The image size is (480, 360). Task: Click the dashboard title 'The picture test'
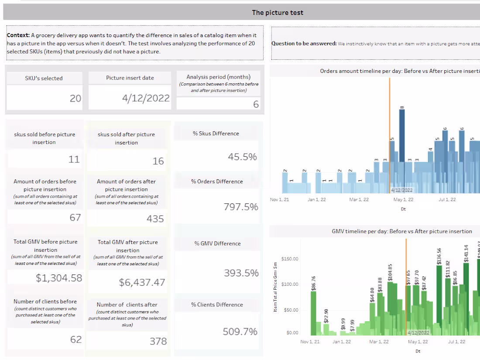(x=278, y=12)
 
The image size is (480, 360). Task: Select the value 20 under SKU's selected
(x=75, y=98)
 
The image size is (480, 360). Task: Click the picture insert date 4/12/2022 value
(x=146, y=98)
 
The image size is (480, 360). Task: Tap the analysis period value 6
(x=256, y=104)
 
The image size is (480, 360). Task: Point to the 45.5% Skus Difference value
(x=242, y=157)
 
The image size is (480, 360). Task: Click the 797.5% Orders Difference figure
(x=241, y=206)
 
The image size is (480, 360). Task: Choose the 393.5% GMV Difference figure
(x=241, y=273)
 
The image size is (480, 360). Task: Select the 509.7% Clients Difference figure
(x=240, y=331)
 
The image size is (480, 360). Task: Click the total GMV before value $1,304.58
(x=59, y=278)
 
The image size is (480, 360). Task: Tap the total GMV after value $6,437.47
(x=142, y=282)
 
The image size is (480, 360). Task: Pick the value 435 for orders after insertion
(x=155, y=219)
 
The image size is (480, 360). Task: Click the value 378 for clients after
(x=158, y=341)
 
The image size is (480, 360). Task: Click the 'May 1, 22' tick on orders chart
(x=403, y=199)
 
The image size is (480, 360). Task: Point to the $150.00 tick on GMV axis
(x=290, y=259)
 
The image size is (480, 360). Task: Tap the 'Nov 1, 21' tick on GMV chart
(x=310, y=342)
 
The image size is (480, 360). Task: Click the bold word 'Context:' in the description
(x=18, y=35)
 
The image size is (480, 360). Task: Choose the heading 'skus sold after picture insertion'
(x=126, y=138)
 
